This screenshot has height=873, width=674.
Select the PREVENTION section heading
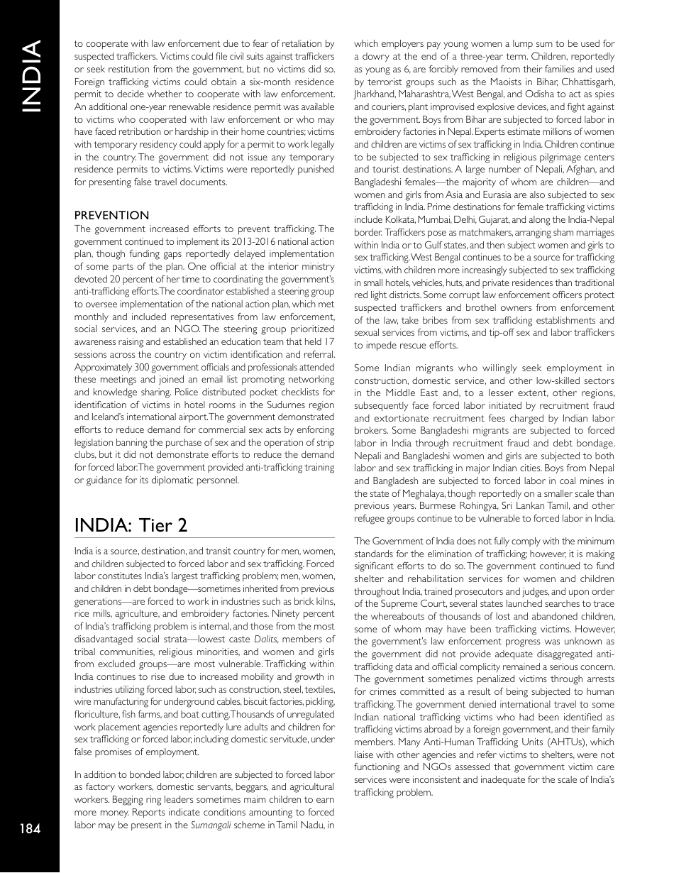tap(111, 215)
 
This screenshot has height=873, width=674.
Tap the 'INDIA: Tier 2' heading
tap(131, 525)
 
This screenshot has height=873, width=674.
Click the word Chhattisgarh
tap(588, 81)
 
